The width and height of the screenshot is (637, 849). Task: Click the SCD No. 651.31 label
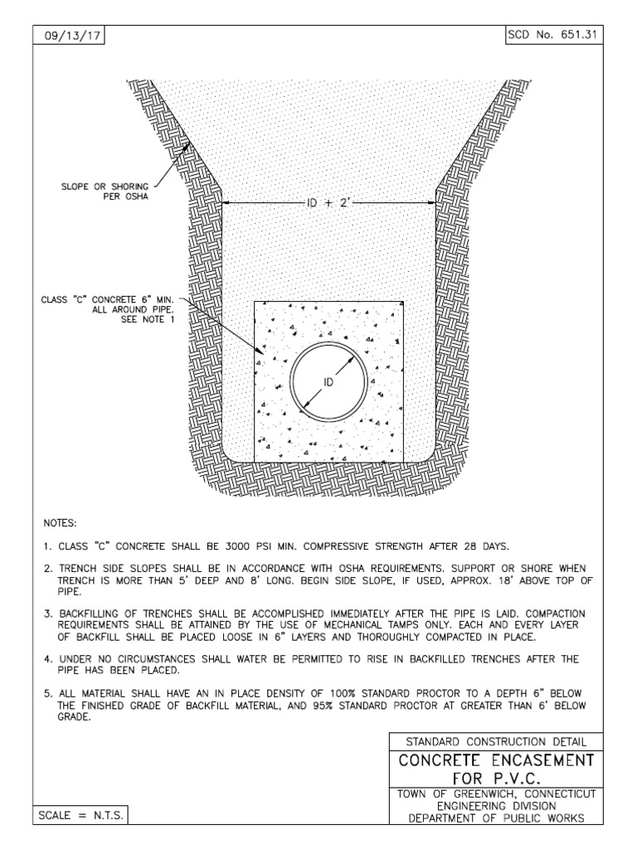click(553, 36)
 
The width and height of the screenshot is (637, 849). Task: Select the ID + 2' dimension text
click(330, 203)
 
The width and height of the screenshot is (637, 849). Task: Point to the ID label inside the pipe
click(328, 382)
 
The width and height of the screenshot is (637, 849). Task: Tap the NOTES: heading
click(60, 524)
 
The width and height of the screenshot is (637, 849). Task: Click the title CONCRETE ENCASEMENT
click(496, 760)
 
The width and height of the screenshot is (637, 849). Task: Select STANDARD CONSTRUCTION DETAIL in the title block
click(496, 740)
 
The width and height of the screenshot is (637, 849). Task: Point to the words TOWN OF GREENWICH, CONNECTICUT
click(496, 795)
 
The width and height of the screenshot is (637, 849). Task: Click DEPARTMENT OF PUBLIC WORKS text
click(496, 818)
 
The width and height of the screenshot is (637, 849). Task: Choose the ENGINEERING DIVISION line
click(496, 807)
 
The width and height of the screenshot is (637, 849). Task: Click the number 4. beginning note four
click(47, 659)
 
